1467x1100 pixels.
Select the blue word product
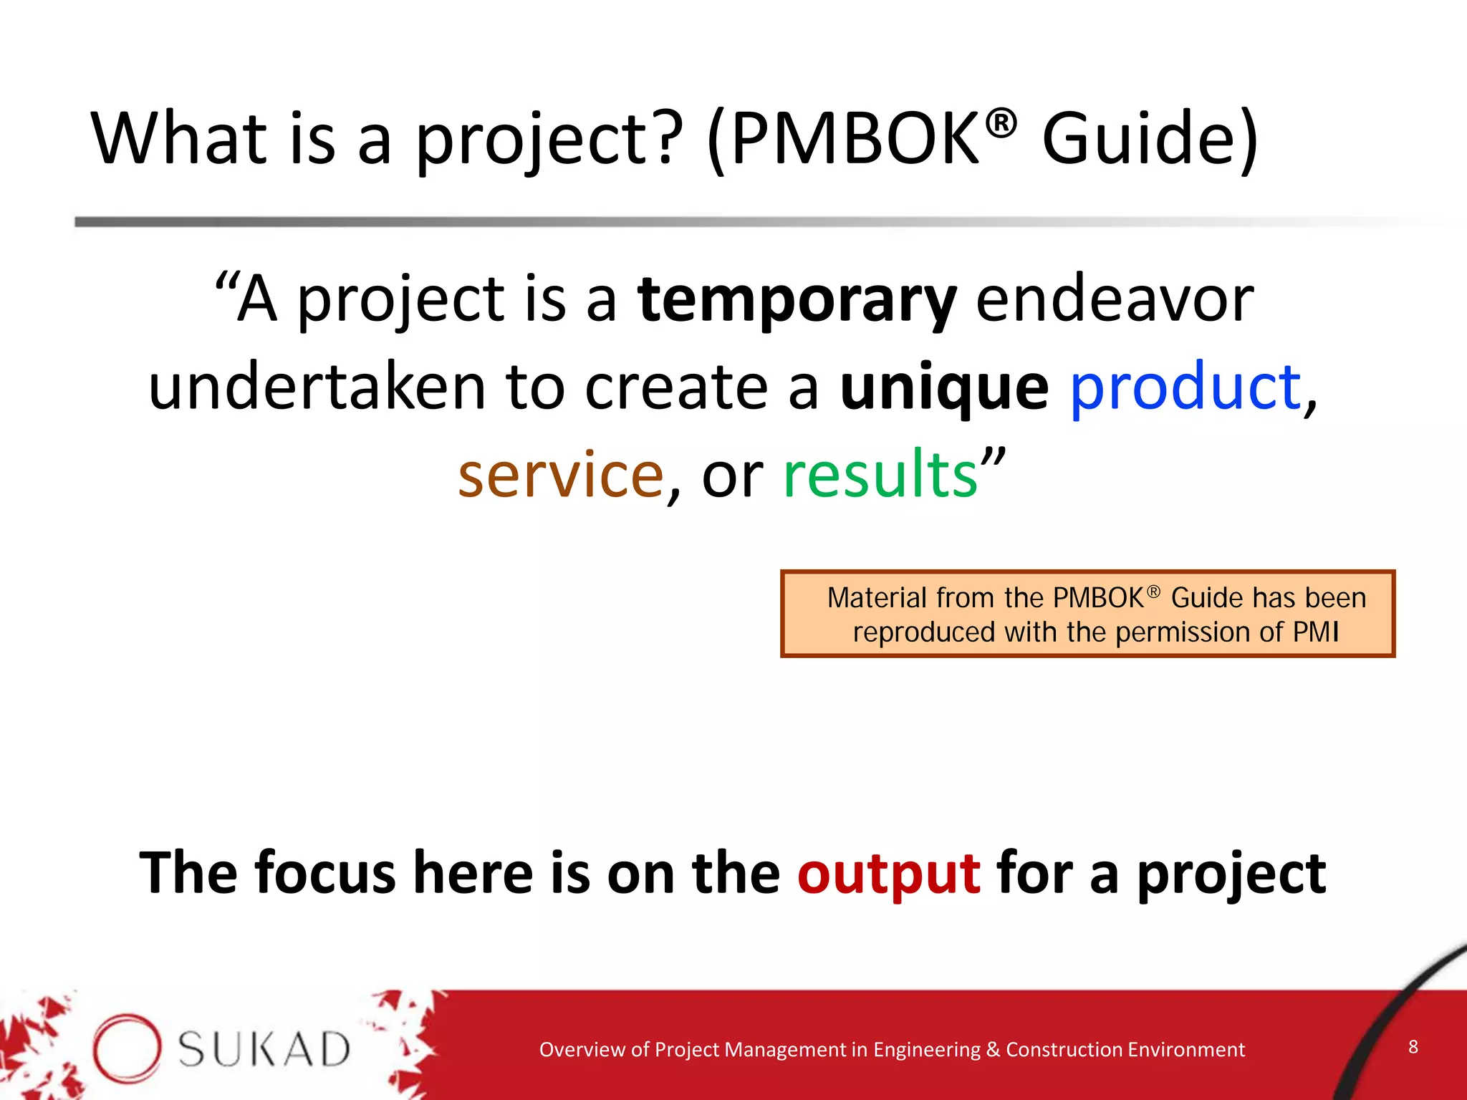tap(1185, 387)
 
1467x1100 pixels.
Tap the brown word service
tap(561, 475)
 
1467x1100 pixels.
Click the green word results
tap(880, 475)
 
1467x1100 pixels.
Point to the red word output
tap(888, 874)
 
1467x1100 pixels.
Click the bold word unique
tap(944, 387)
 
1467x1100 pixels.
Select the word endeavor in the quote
tap(1115, 299)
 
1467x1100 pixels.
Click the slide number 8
tap(1413, 1046)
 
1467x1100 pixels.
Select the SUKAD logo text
tap(264, 1050)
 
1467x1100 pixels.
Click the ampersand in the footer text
tap(992, 1050)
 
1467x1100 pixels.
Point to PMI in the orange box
tap(1315, 632)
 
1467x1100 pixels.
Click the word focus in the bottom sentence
tap(324, 874)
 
